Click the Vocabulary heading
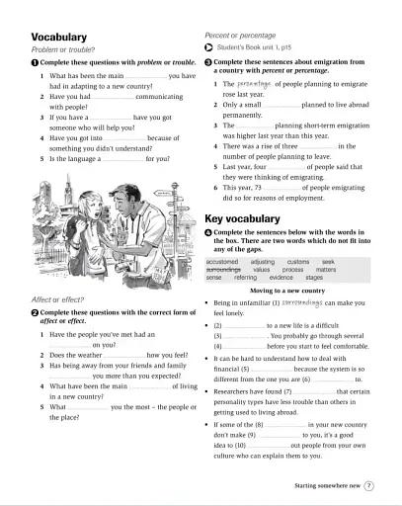(x=61, y=37)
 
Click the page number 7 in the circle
(x=368, y=485)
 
